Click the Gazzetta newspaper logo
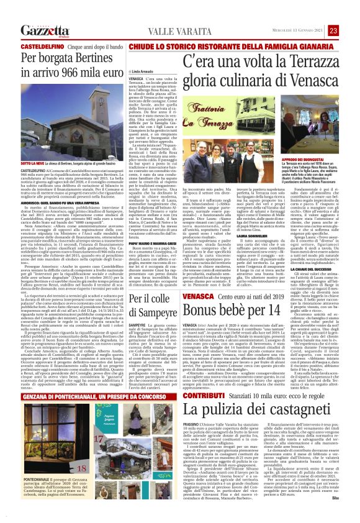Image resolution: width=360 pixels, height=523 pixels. click(x=45, y=30)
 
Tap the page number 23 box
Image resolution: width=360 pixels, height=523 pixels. click(x=333, y=30)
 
